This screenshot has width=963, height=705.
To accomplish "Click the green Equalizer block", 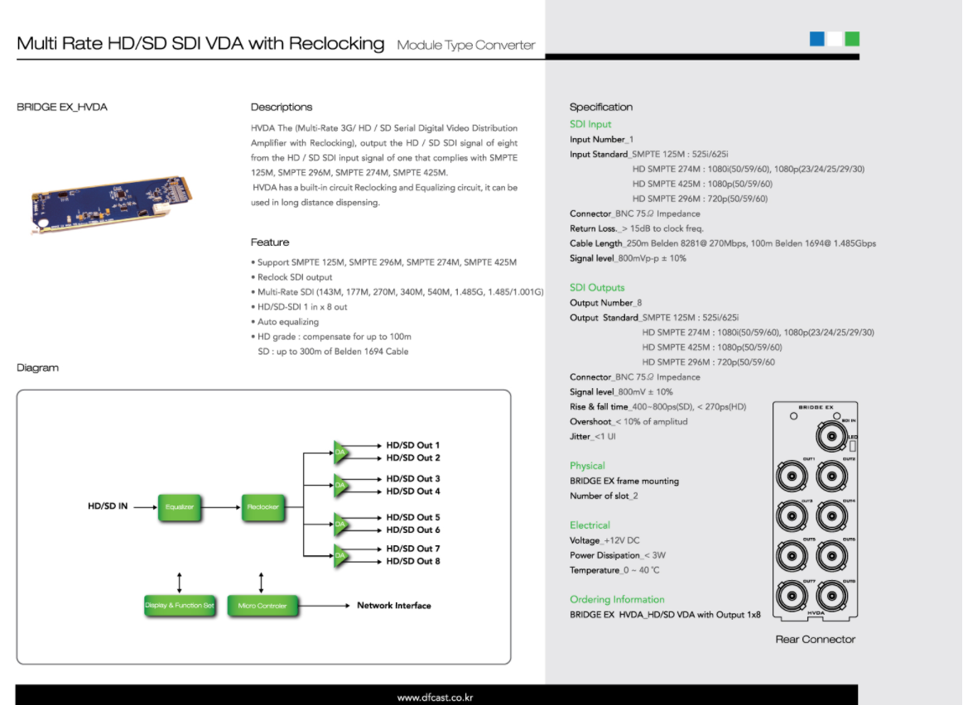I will click(180, 506).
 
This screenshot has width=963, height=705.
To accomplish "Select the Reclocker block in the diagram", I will click(263, 506).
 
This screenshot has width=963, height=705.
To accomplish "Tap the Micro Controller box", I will click(262, 606).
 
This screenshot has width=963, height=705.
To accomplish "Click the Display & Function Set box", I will click(180, 606).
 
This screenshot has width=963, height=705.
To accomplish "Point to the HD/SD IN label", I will click(108, 506).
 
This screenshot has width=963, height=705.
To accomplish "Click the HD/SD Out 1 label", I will click(412, 445).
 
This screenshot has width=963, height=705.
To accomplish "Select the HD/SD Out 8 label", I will click(412, 562).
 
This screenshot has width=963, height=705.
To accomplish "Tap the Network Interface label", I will click(393, 606).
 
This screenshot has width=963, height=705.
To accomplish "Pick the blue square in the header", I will click(816, 39).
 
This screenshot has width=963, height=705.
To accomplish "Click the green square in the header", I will click(852, 39).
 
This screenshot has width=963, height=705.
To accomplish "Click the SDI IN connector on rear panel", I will click(831, 435).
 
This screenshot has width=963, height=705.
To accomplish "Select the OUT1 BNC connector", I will click(791, 477).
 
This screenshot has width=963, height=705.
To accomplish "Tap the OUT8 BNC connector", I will click(831, 597).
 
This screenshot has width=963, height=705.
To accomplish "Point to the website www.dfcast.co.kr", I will click(435, 698).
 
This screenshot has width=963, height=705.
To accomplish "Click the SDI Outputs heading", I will click(597, 288).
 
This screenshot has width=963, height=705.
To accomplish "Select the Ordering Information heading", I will click(617, 600).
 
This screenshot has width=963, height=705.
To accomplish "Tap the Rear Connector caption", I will click(815, 640).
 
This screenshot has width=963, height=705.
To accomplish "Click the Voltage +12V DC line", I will click(604, 540).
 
